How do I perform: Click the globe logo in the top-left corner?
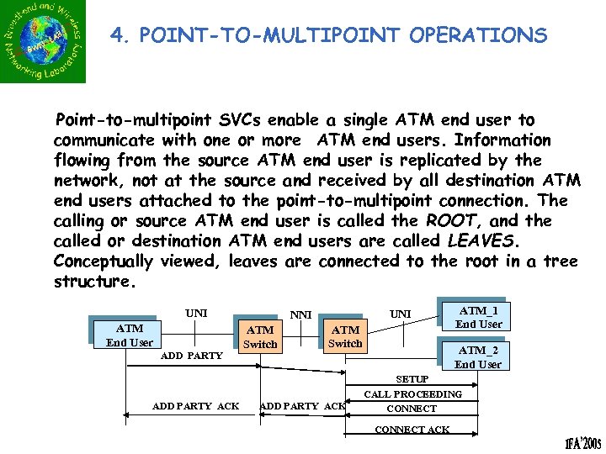point(43,42)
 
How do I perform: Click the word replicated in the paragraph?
point(460,161)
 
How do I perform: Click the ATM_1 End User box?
point(478,317)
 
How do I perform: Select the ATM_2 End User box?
point(477,356)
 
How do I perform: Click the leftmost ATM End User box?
point(130,335)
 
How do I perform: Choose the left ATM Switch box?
point(260,337)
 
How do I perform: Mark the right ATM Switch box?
point(345,336)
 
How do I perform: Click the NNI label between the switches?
point(301,315)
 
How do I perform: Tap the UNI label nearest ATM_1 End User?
point(401,314)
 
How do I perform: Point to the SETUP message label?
point(412,380)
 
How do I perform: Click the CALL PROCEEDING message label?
point(412,394)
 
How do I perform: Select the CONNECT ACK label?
point(412,430)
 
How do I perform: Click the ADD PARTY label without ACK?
point(191,356)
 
